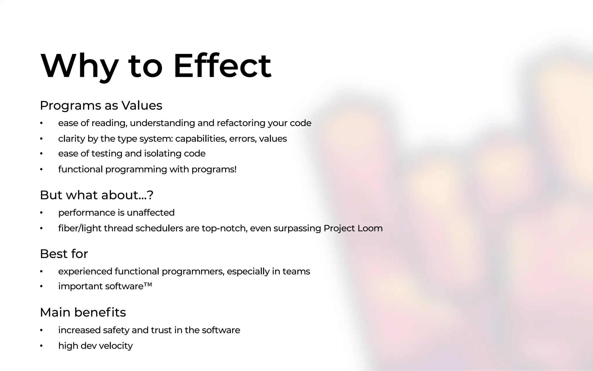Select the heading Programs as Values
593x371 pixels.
tap(101, 106)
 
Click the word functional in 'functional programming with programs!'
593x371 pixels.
tap(80, 169)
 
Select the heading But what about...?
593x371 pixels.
tap(96, 195)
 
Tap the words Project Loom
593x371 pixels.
tap(353, 228)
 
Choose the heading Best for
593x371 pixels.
tap(64, 254)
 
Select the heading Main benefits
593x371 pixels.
tap(83, 312)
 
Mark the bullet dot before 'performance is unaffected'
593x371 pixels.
tap(41, 213)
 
